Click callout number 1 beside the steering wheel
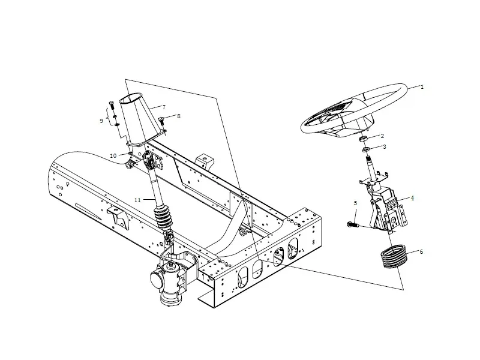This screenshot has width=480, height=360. point(422,87)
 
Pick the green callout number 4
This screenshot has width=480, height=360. point(412,198)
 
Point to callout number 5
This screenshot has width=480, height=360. point(355,204)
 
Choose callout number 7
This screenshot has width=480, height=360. point(163,107)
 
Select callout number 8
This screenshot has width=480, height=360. point(178,116)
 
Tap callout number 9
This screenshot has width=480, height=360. point(101,121)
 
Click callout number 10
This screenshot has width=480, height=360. point(113,155)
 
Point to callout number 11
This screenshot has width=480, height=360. point(137,200)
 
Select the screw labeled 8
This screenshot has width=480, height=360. point(163,120)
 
